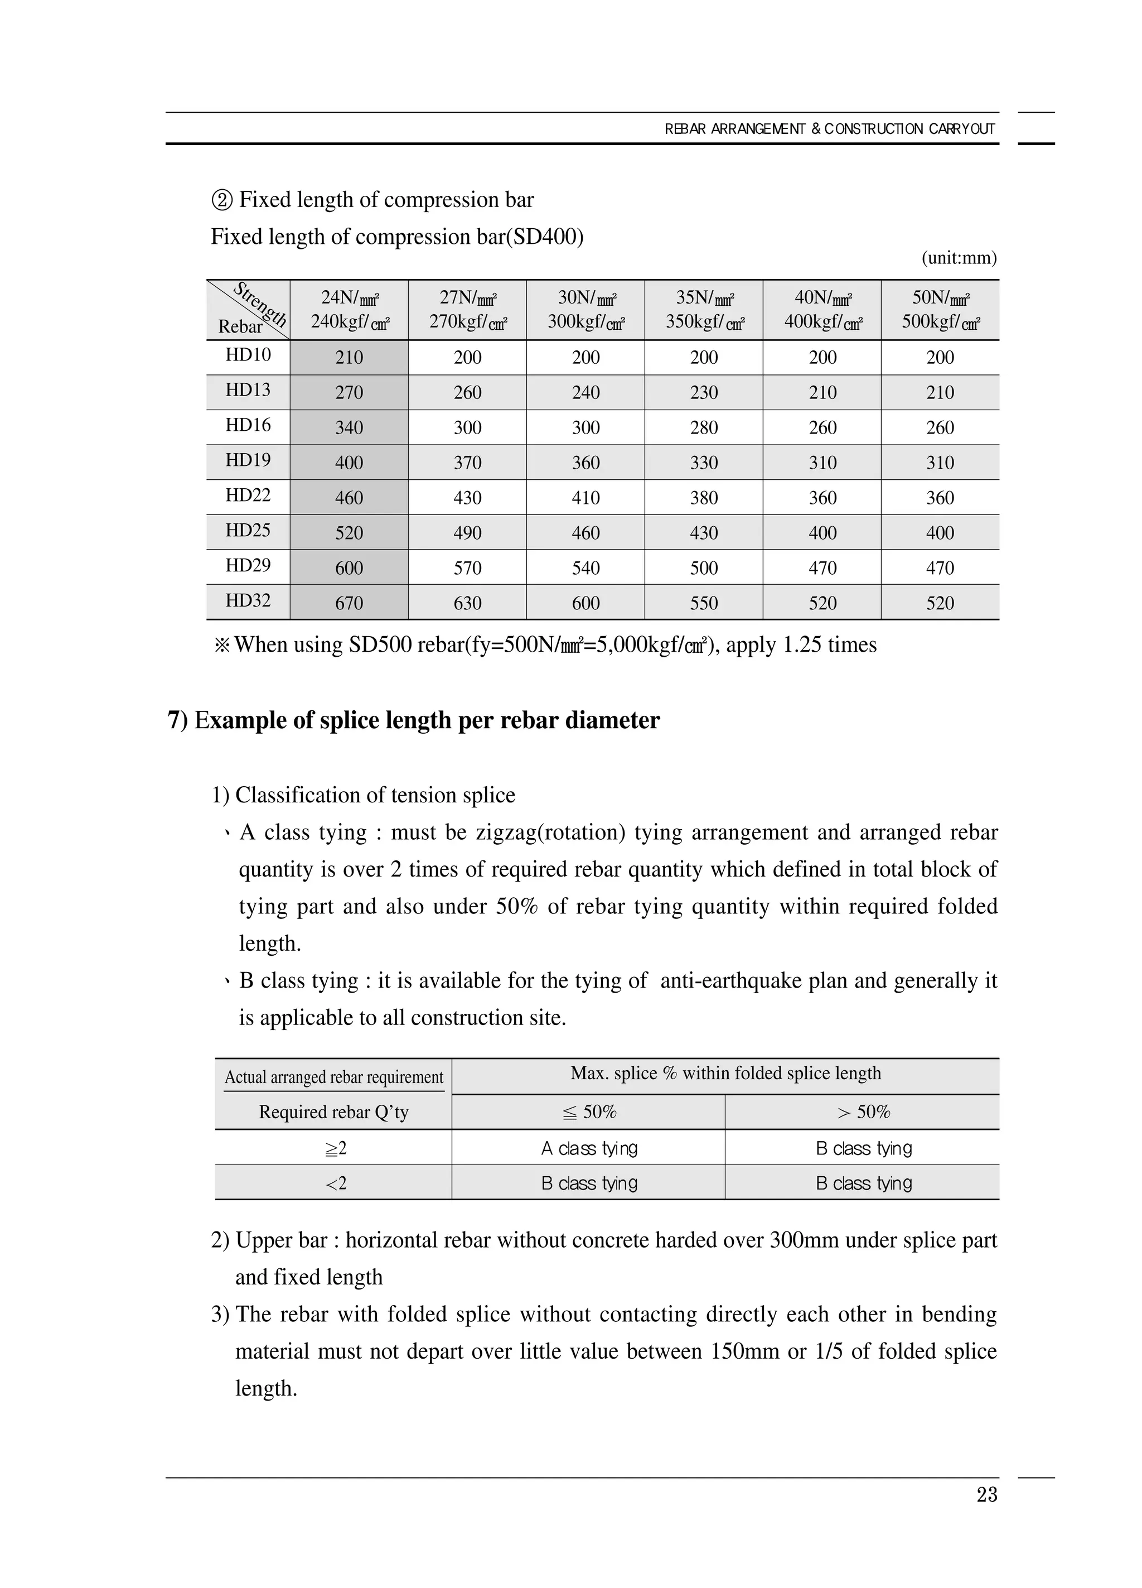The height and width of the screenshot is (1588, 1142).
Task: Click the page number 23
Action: coord(986,1494)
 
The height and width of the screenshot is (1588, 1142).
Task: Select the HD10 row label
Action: coord(248,355)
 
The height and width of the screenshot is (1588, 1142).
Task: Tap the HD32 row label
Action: coord(248,601)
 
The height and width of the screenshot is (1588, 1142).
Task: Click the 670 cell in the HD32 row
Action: coord(349,603)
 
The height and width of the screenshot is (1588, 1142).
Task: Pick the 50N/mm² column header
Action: coord(940,309)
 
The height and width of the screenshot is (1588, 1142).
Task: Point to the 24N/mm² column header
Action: coord(349,309)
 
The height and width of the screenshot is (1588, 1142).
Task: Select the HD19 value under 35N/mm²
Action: coord(703,463)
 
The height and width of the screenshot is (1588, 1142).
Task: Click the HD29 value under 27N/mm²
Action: coord(467,568)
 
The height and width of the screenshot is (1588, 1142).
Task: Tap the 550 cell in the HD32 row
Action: coord(703,603)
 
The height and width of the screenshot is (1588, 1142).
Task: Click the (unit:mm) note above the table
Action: coord(959,258)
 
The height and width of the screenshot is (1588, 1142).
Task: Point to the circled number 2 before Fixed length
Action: coord(221,200)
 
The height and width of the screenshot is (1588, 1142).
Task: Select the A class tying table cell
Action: coord(589,1148)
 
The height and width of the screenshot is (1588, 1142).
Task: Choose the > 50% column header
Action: coord(863,1112)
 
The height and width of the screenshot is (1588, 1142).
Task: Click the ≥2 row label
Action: coord(335,1148)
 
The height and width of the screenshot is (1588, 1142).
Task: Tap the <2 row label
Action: coord(335,1183)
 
